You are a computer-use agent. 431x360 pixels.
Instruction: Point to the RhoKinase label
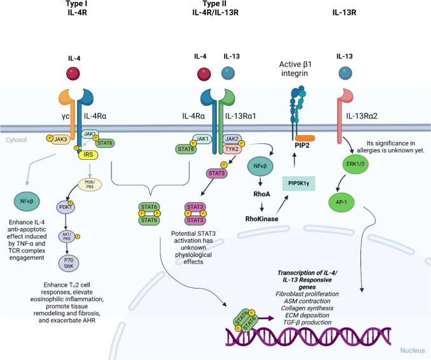coord(262,218)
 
